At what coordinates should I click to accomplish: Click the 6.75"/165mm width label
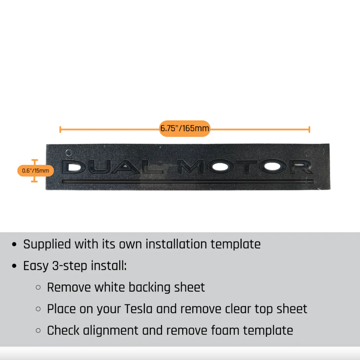pyautogui.click(x=185, y=128)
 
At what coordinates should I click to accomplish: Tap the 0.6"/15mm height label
pyautogui.click(x=36, y=171)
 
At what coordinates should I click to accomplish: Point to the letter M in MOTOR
pyautogui.click(x=191, y=167)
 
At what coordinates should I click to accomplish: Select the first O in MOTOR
pyautogui.click(x=220, y=167)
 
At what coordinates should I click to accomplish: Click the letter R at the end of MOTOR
pyautogui.click(x=301, y=167)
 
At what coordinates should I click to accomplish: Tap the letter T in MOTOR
pyautogui.click(x=246, y=167)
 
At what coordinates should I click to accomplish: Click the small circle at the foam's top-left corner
pyautogui.click(x=68, y=152)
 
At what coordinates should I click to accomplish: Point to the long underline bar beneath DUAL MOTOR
pyautogui.click(x=187, y=181)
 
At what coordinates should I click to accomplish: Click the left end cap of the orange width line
pyautogui.click(x=60, y=129)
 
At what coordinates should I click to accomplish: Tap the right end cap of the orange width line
pyautogui.click(x=309, y=129)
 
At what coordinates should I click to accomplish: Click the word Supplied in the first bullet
pyautogui.click(x=47, y=244)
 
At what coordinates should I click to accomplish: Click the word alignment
pyautogui.click(x=111, y=331)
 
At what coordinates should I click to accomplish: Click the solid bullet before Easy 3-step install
pyautogui.click(x=14, y=266)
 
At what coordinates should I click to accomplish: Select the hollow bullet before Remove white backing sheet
pyautogui.click(x=39, y=287)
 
